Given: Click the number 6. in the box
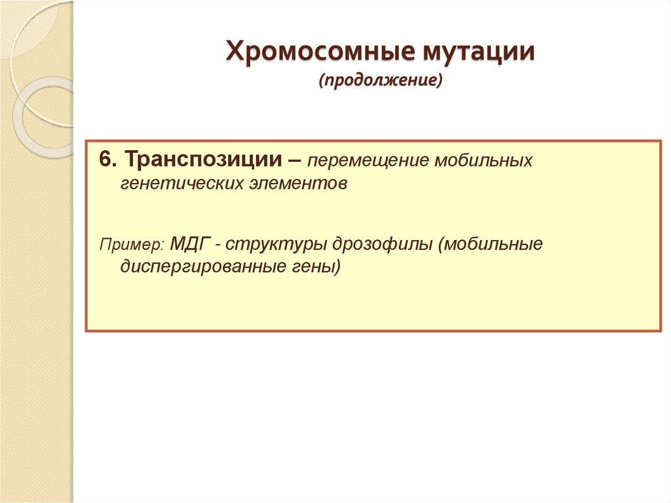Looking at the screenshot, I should click(x=108, y=159).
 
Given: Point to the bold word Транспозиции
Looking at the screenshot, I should click(x=204, y=159).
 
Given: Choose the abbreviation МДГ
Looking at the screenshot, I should click(x=189, y=244).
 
